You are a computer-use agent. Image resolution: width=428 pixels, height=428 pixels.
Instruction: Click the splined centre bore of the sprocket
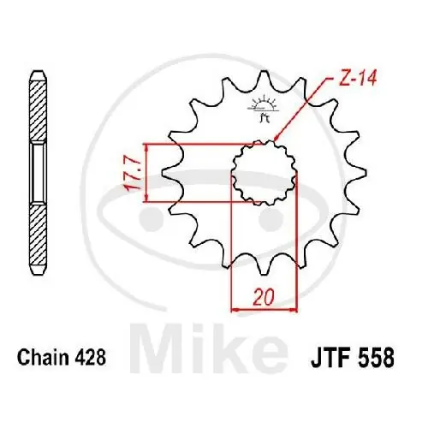(x=265, y=171)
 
